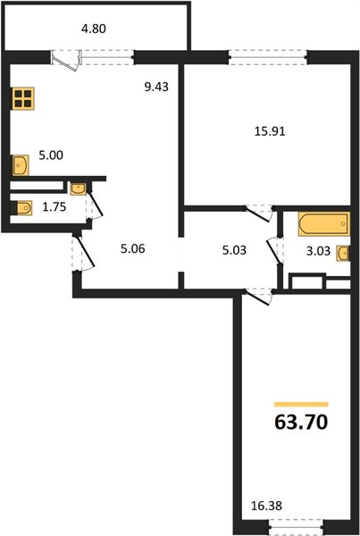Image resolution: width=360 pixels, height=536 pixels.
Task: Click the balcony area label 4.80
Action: click(93, 29)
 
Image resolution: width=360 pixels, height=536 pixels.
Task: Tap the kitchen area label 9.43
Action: click(156, 87)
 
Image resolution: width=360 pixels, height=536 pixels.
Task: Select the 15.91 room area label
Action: click(270, 131)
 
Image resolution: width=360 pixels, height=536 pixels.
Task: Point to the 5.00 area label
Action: click(51, 155)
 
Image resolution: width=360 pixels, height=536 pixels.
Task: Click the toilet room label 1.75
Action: click(54, 207)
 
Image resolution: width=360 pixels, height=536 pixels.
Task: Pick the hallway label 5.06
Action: click(132, 248)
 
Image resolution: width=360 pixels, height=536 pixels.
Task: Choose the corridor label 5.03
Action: click(234, 250)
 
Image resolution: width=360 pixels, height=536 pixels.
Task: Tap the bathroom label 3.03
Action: click(318, 251)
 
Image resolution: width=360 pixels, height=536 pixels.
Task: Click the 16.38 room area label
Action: click(266, 506)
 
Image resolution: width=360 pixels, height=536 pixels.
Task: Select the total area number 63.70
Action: click(301, 422)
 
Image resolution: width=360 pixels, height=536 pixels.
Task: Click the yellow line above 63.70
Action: click(301, 405)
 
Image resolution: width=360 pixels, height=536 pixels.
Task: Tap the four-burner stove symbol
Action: click(23, 98)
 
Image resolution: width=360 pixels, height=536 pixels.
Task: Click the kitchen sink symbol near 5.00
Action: click(21, 165)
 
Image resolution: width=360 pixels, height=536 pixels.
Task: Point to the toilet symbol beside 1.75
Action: click(21, 208)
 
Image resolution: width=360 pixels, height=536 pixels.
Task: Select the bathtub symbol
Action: click(323, 224)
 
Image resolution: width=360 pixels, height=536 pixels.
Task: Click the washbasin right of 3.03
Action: click(343, 254)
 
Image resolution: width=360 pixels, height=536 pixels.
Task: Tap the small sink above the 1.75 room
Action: click(79, 188)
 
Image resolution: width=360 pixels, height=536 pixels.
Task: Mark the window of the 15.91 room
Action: click(268, 57)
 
